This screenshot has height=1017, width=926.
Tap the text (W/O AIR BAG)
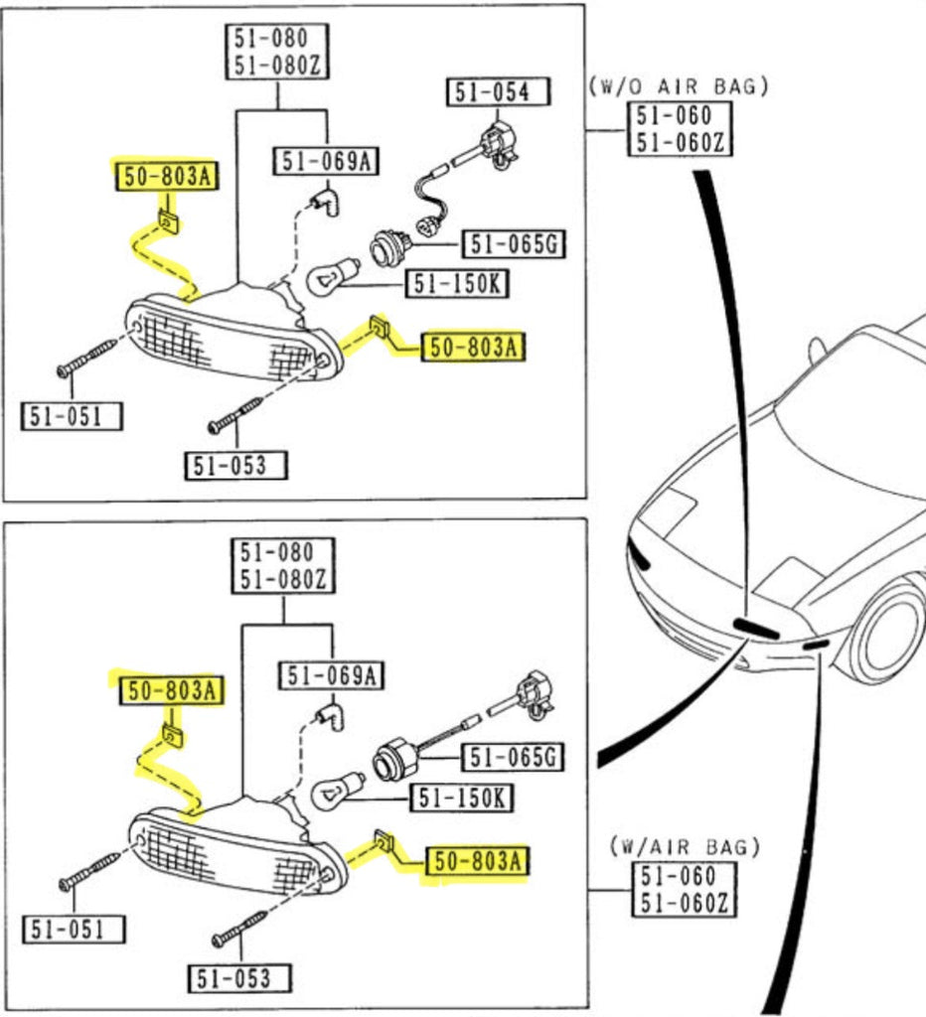[679, 86]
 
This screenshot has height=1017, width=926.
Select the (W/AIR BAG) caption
[686, 847]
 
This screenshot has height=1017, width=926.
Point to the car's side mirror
[818, 350]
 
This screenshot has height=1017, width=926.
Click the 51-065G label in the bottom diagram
[513, 758]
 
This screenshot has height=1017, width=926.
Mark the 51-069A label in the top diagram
[327, 161]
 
